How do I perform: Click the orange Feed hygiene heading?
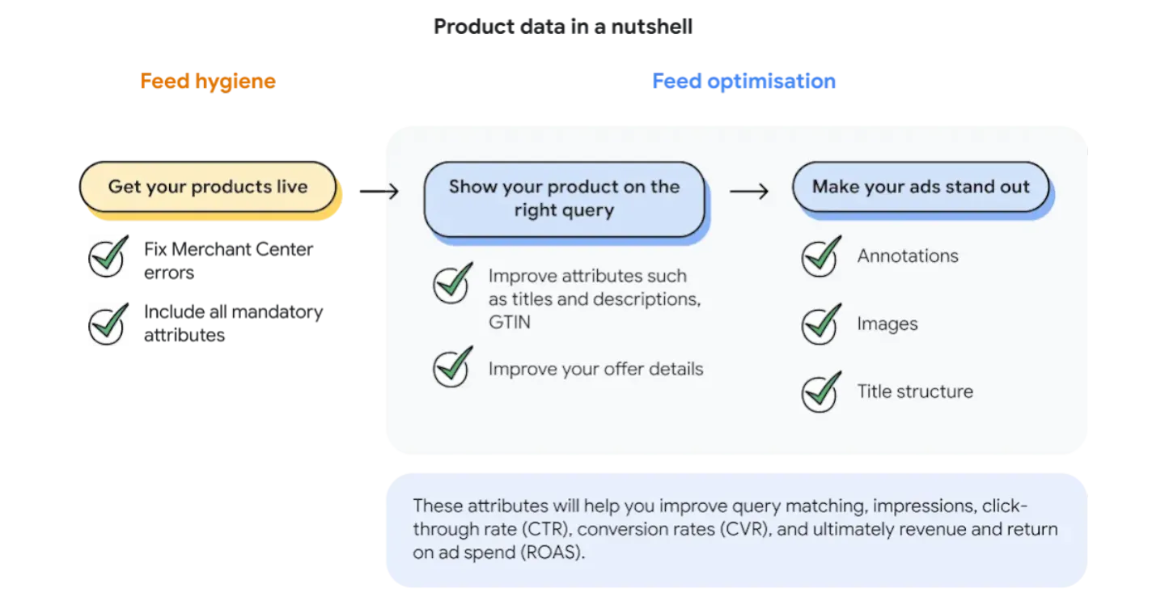point(207,81)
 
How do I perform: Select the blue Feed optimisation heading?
point(743,81)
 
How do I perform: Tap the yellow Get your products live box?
point(208,187)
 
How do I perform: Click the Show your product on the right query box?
point(564,198)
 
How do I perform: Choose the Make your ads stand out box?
point(921,187)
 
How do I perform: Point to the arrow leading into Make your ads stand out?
point(748,192)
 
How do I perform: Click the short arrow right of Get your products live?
point(389,192)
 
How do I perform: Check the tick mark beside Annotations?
point(820,256)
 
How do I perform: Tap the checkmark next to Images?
point(820,324)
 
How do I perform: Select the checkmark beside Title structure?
point(820,392)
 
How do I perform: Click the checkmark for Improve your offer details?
point(452,368)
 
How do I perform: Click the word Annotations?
point(908,256)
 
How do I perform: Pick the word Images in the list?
point(888,324)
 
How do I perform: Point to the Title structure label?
point(915,392)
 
